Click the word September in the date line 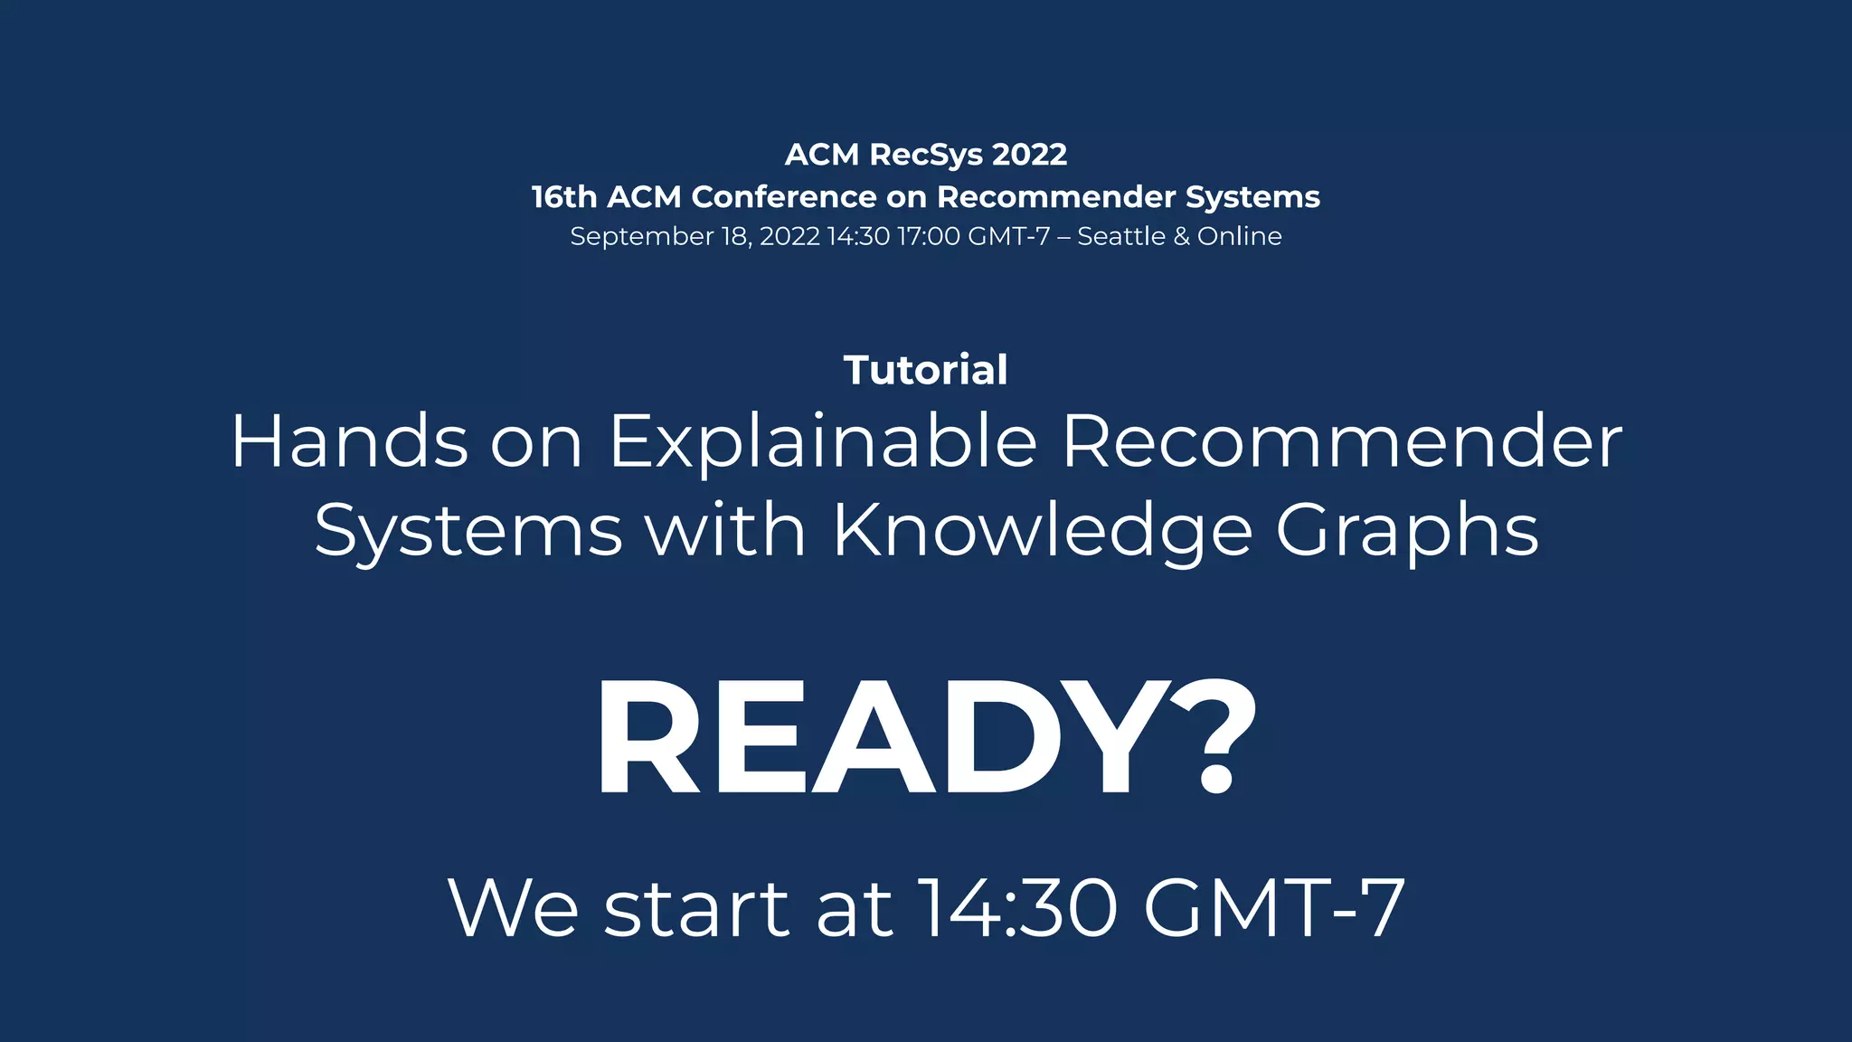coord(641,237)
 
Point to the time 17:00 coord(929,237)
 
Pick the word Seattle coord(1121,237)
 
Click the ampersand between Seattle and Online coord(1181,237)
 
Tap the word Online coord(1240,237)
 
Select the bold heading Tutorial coord(926,370)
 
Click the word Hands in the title coord(350,441)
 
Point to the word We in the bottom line coord(513,908)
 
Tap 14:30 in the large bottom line coord(1018,908)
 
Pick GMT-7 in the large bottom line coord(1274,908)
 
